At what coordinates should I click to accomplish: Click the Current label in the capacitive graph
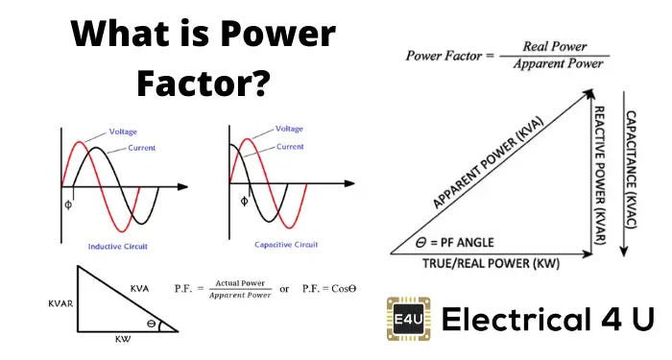pyautogui.click(x=289, y=147)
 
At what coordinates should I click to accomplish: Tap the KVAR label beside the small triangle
pyautogui.click(x=35, y=301)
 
